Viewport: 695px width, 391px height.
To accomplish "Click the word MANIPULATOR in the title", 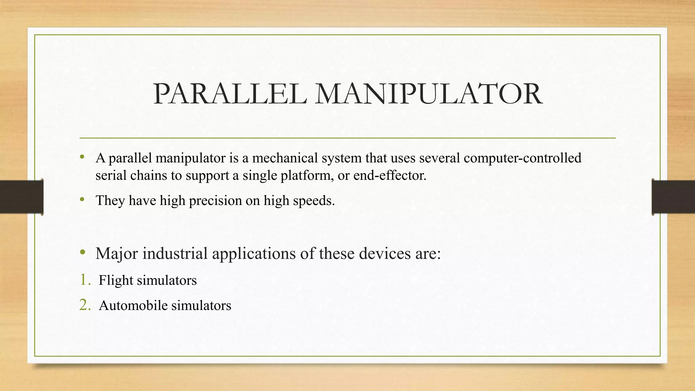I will pyautogui.click(x=428, y=94).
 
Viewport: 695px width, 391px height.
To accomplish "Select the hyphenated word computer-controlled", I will pyautogui.click(x=522, y=158).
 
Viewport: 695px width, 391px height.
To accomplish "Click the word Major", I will pyautogui.click(x=117, y=254).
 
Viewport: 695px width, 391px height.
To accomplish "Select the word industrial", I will pyautogui.click(x=175, y=254).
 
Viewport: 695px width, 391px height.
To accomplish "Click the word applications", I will pyautogui.click(x=254, y=254).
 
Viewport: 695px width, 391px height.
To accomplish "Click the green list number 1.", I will pyautogui.click(x=84, y=280).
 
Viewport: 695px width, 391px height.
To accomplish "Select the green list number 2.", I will pyautogui.click(x=84, y=305).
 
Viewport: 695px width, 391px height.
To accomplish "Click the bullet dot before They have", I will pyautogui.click(x=82, y=200).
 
